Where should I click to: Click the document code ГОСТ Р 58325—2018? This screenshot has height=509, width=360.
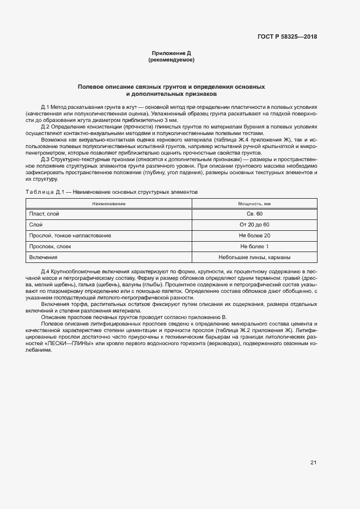(287, 37)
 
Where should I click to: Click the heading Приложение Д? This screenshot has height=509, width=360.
(171, 53)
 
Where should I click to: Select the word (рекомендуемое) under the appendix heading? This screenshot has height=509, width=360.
(171, 60)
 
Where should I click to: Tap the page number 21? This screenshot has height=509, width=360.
(313, 463)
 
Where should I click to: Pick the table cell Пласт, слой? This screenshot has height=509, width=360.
(44, 214)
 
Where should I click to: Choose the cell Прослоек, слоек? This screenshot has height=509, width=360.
(50, 247)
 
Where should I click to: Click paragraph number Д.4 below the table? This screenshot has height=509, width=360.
(45, 271)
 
